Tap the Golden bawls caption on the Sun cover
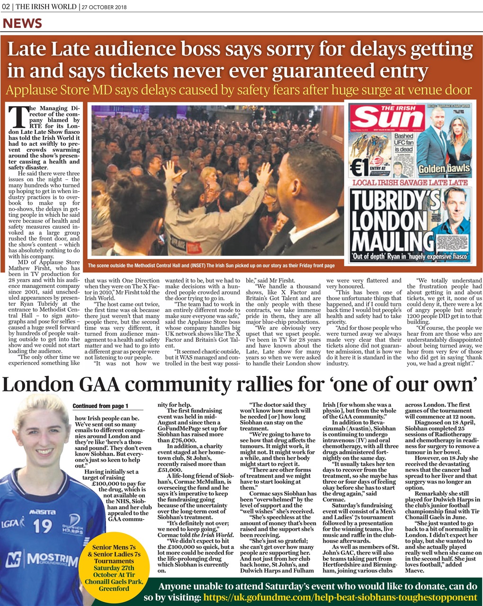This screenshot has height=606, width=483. pos(444,169)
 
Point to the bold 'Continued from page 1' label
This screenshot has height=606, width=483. pos(100,406)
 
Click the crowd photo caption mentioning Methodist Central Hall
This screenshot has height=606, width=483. pos(211,266)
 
